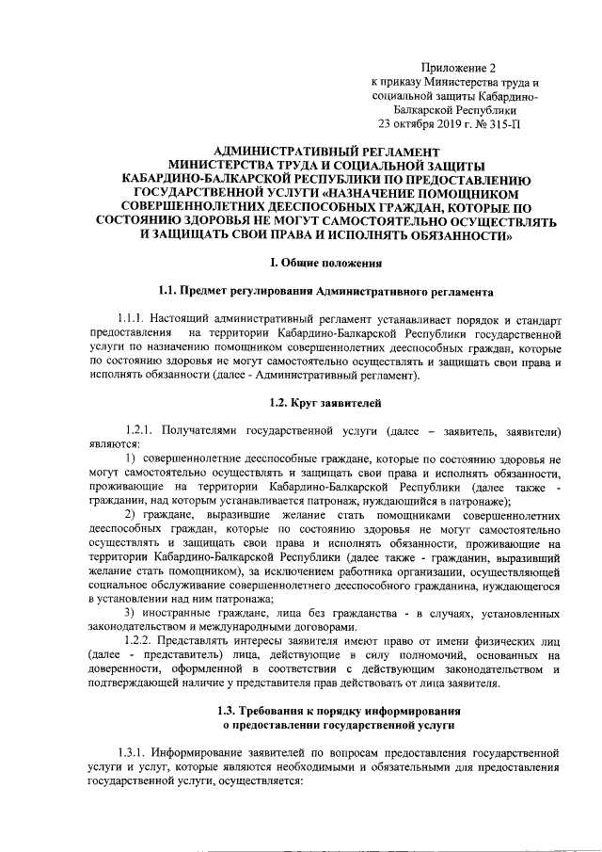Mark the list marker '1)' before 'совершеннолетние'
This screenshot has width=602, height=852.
click(x=133, y=458)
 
